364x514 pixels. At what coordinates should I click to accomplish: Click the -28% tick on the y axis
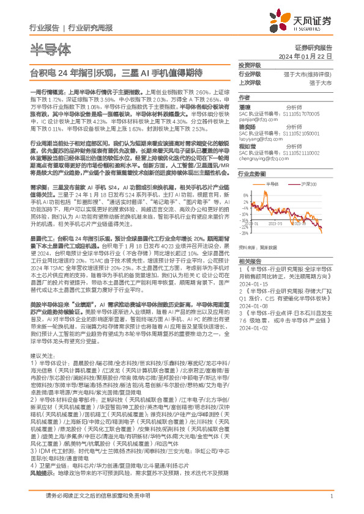point(245,233)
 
